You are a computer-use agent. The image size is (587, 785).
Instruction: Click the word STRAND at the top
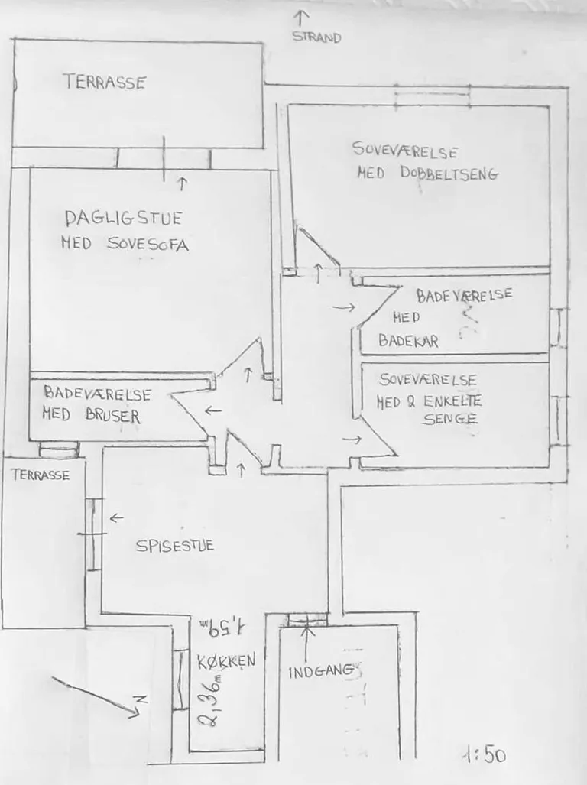[316, 37]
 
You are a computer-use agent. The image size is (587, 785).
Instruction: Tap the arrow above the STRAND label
[300, 18]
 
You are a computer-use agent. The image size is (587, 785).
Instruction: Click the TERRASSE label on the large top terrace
[105, 82]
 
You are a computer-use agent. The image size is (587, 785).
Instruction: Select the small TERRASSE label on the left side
[41, 475]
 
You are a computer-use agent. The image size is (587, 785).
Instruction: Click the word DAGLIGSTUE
[124, 219]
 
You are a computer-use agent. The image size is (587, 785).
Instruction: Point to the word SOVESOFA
[148, 244]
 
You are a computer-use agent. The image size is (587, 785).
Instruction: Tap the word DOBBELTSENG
[449, 174]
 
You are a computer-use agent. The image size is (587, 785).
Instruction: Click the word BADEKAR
[408, 341]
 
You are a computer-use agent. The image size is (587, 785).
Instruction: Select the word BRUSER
[112, 416]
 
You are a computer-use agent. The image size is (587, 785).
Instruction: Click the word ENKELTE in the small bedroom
[452, 401]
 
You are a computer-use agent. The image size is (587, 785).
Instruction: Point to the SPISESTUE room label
[175, 545]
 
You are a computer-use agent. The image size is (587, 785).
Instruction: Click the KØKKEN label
[226, 662]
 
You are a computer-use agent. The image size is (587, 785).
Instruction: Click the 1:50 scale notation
[485, 754]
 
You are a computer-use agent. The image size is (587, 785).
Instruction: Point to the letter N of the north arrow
[142, 699]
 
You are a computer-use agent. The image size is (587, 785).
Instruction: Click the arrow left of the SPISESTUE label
[117, 517]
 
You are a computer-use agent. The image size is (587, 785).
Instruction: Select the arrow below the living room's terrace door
[182, 183]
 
